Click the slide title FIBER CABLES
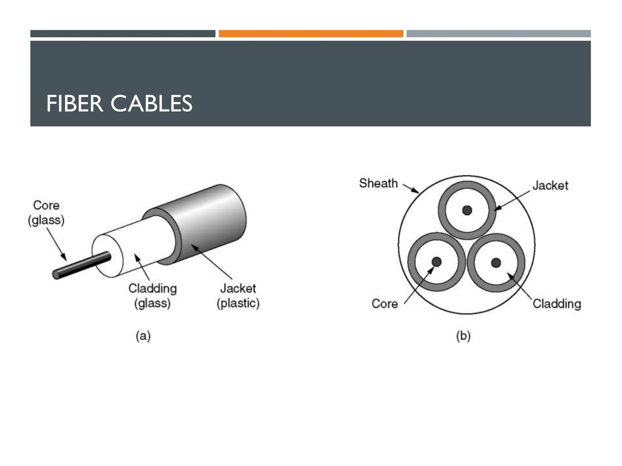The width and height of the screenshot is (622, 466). point(119,104)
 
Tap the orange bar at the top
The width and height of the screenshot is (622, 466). point(311,34)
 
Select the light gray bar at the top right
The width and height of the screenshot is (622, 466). point(498,34)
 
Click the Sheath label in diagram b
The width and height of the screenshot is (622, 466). point(378,183)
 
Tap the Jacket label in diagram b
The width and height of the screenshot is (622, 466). point(550,186)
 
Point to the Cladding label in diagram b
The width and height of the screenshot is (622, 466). point(557,304)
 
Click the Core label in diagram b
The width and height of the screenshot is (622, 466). point(384,304)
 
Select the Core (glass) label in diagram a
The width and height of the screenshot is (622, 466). point(46,213)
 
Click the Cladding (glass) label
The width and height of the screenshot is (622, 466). point(152,295)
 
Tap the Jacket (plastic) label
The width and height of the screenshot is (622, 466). point(238,295)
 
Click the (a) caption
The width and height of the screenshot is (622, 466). point(143,336)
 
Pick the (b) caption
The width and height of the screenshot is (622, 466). point(463,336)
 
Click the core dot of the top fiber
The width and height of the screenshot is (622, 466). point(467,210)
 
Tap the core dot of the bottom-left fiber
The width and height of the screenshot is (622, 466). point(436,262)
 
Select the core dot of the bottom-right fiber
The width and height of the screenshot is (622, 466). point(496,262)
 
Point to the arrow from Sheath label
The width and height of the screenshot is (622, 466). point(411,188)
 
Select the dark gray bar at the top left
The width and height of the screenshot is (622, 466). point(123,34)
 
